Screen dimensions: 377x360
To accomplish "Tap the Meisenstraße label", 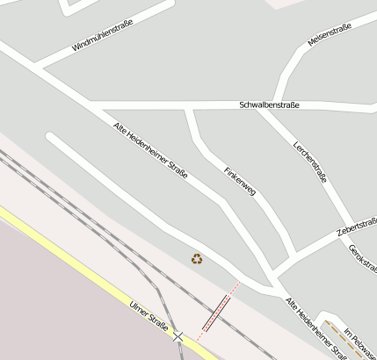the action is pos(330,35).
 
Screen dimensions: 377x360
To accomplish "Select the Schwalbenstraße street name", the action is pos(269,105).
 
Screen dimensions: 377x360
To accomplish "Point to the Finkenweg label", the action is pos(239,180).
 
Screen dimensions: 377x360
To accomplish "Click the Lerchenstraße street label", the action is pos(310,162).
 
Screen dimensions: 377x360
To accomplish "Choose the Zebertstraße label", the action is pos(357,227).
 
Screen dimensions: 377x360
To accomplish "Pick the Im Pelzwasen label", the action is pos(361,343).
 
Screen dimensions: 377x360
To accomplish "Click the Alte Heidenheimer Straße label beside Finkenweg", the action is pos(150,151).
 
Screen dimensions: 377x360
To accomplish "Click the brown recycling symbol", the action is pos(197,258).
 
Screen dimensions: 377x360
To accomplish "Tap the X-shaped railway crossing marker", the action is pos(179,336).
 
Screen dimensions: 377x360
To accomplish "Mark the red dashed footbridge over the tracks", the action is pos(217,312).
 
